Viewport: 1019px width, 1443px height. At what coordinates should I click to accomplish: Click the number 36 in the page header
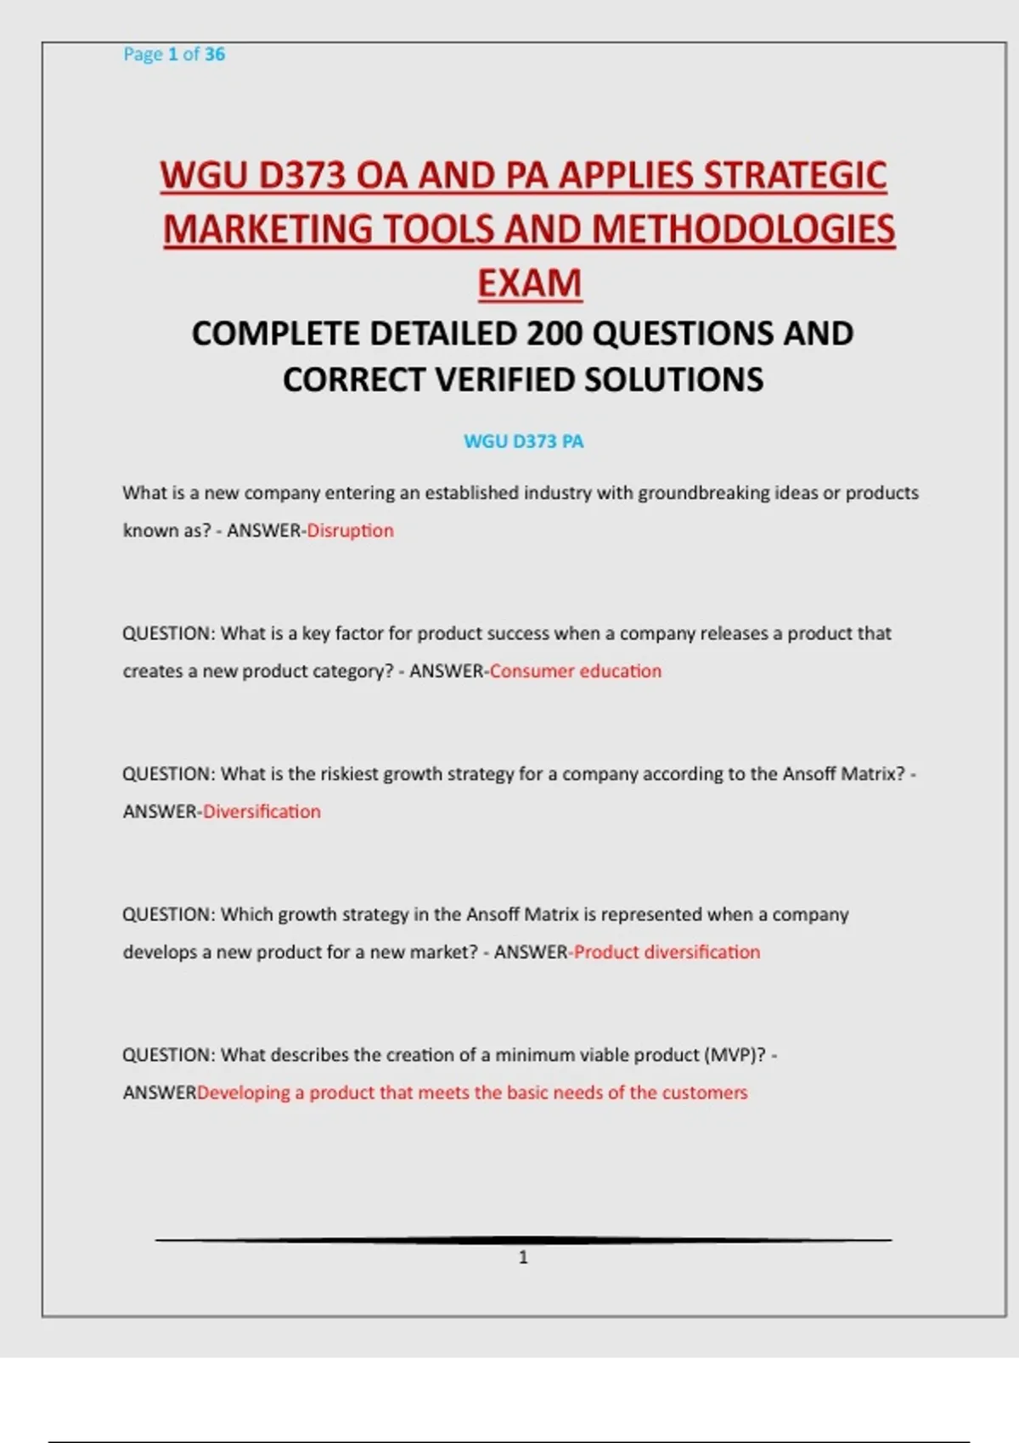[x=215, y=54]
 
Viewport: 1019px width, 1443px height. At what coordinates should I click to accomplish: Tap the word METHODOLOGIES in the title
[x=744, y=230]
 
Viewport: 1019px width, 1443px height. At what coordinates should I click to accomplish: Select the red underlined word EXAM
[x=529, y=284]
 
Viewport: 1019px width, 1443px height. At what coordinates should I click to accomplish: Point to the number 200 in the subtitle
[x=555, y=334]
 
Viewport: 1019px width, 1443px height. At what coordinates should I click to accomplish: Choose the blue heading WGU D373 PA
[x=523, y=441]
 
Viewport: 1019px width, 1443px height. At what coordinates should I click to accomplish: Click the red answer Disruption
[x=350, y=531]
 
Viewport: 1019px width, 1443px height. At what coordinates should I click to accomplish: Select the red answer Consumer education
[x=575, y=671]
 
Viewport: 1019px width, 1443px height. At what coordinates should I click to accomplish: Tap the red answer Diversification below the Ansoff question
[x=262, y=811]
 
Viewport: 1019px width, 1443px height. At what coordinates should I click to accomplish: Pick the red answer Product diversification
[x=667, y=952]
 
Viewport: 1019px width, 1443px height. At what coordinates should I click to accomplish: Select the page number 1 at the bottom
[x=523, y=1257]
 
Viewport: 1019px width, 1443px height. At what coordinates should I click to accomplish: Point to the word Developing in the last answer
[x=244, y=1092]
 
